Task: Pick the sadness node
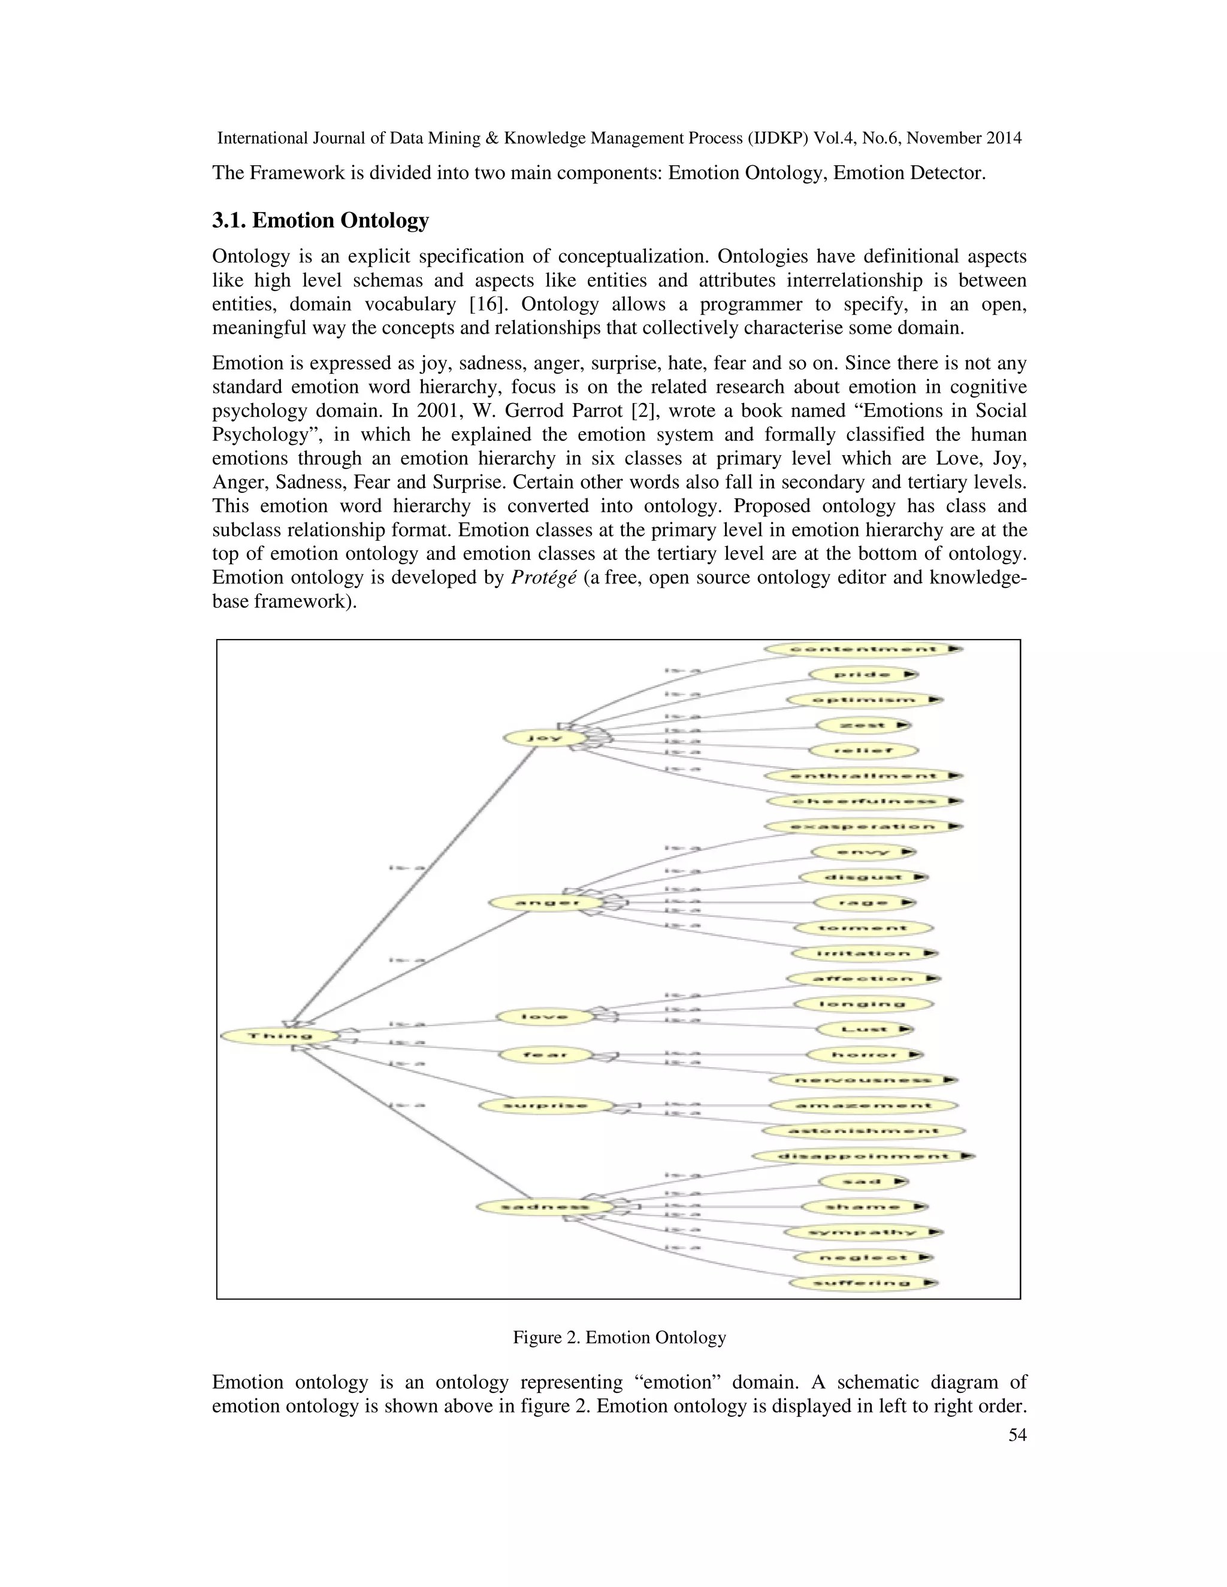point(545,1207)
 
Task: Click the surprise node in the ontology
point(545,1106)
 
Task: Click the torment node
point(862,928)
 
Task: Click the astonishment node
point(862,1131)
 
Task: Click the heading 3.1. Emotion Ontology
point(320,220)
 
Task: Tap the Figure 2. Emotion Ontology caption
point(619,1337)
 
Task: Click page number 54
point(1017,1434)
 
